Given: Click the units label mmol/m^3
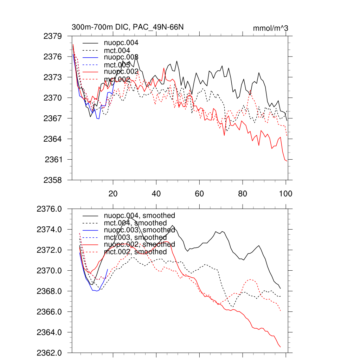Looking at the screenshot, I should coord(270,28).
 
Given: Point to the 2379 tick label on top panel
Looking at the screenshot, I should coord(53,36).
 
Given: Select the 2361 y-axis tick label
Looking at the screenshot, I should coord(54,160).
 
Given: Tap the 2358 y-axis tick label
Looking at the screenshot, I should coord(53,180).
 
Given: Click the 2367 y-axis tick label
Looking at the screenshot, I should coord(53,118).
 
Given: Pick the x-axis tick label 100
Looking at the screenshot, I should coord(285,193).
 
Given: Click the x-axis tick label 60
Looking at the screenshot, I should coord(199,193).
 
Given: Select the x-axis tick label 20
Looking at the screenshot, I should coord(113,193).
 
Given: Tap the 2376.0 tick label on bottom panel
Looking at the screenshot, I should coord(50,209).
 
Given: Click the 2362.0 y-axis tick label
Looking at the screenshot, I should coord(50,353).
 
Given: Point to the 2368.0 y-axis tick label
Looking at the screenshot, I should coord(50,291).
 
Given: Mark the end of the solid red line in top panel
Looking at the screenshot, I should coord(287,161).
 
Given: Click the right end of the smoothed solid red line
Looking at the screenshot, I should coord(281,347).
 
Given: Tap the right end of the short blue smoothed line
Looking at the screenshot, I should coord(108,269).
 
